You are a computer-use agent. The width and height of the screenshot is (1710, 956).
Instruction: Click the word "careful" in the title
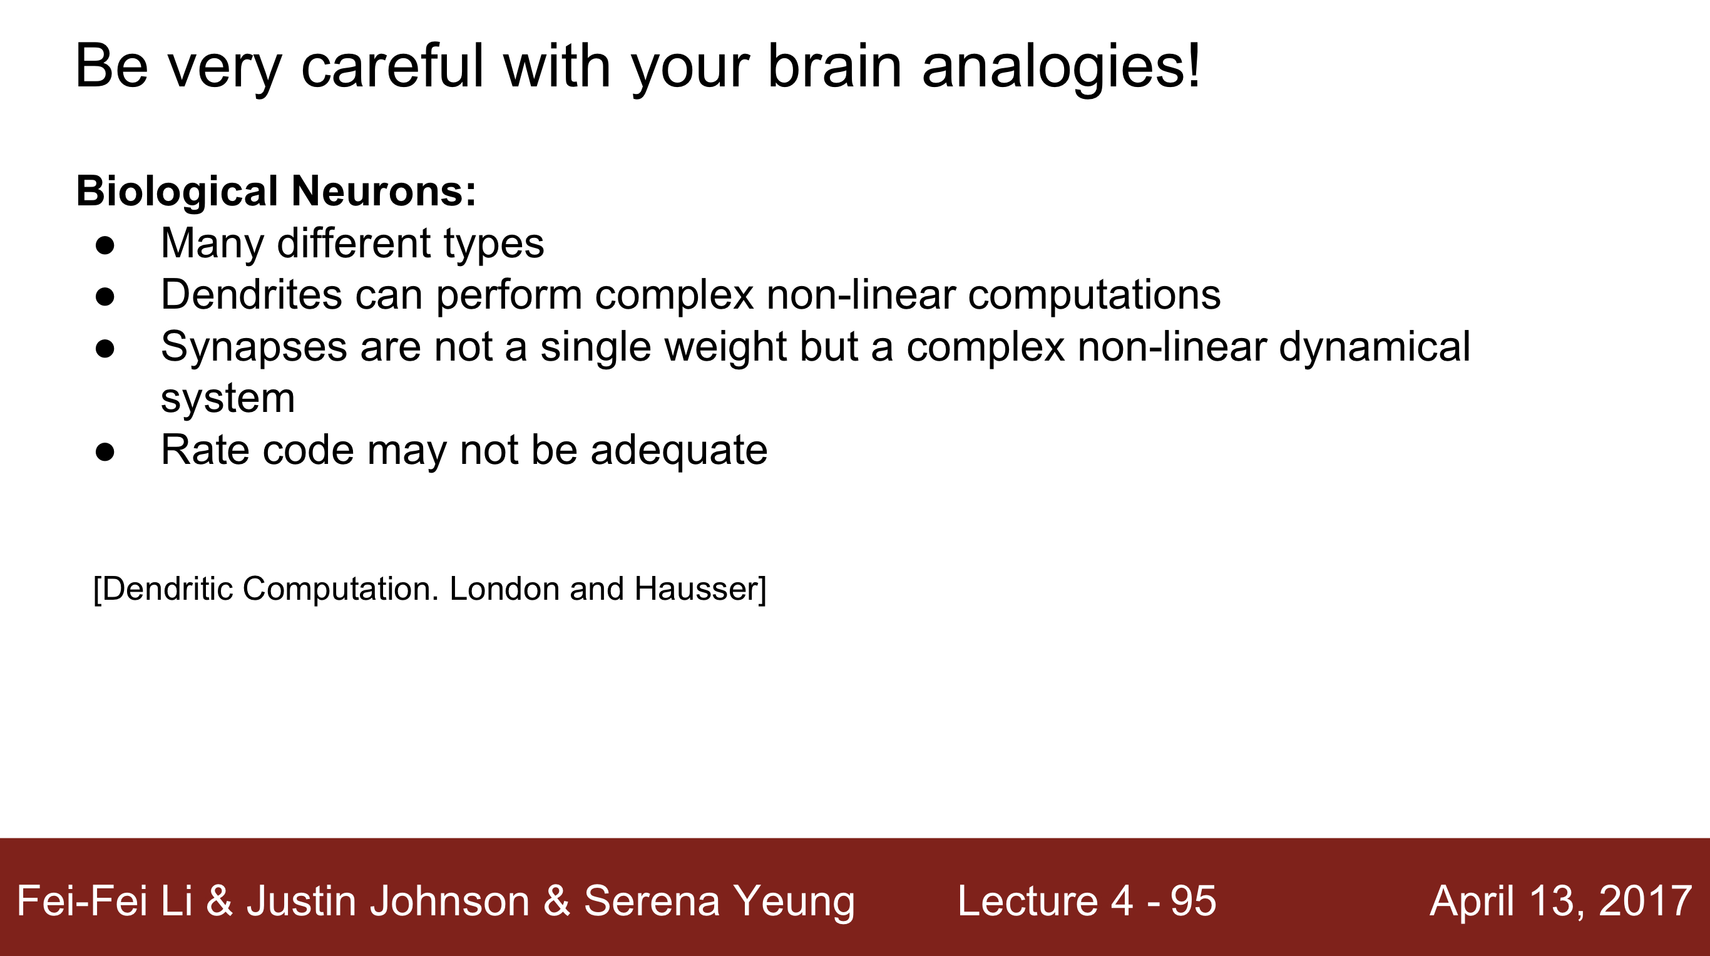(x=392, y=66)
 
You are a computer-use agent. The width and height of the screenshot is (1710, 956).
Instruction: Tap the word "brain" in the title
(x=835, y=66)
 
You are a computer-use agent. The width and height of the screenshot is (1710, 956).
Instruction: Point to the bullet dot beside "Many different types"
(x=105, y=245)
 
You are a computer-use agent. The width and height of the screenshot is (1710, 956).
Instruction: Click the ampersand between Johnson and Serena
(x=556, y=902)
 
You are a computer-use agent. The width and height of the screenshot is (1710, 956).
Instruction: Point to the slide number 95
(x=1194, y=902)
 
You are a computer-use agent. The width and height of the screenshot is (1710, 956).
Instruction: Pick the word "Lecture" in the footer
(x=1028, y=902)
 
